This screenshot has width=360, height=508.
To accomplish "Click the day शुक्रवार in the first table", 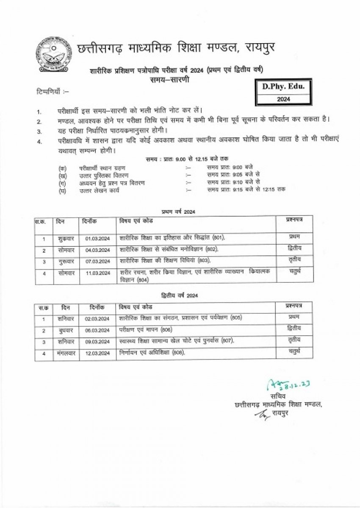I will click(64, 239).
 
